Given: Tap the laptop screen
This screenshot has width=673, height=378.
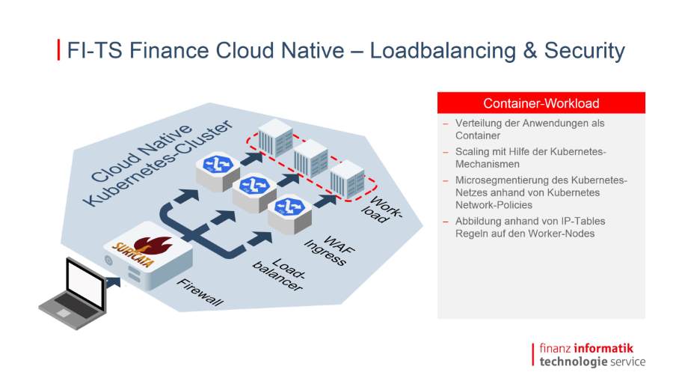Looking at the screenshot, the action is [85, 284].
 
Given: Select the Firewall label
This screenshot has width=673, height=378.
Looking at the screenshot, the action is [200, 292].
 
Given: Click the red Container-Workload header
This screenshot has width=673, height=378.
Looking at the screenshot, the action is [541, 103].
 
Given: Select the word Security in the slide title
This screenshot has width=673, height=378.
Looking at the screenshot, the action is [585, 51].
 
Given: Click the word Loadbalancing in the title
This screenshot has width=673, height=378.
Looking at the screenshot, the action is [443, 51].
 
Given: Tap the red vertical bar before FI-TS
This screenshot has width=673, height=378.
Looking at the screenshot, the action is [58, 50].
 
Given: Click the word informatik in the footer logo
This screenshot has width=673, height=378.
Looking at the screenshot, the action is [603, 348].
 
